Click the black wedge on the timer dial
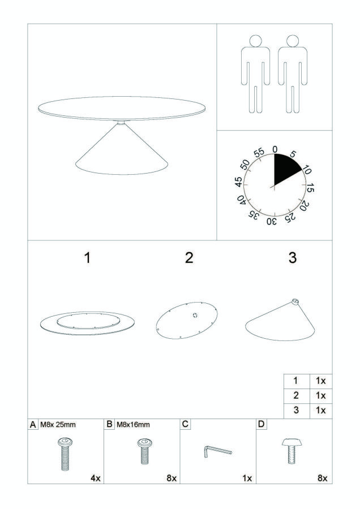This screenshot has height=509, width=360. [285, 168]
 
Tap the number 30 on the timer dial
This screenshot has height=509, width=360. [272, 222]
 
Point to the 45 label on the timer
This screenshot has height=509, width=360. [239, 182]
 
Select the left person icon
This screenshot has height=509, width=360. [255, 74]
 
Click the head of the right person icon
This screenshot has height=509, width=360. [293, 41]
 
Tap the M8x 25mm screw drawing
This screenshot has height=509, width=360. [65, 454]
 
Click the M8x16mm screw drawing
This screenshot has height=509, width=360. [145, 451]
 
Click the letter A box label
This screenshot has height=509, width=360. [33, 425]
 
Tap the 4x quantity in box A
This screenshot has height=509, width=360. [96, 478]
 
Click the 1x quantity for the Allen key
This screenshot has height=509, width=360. [247, 478]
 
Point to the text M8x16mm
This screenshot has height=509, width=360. [133, 424]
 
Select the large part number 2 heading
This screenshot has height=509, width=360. [189, 258]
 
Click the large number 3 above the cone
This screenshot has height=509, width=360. [293, 258]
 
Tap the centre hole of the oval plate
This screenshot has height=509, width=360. [195, 315]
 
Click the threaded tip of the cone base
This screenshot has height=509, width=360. [295, 301]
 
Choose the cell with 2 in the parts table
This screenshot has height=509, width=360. [296, 395]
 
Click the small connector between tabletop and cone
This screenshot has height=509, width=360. [121, 122]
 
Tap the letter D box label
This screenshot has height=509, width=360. [262, 424]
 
